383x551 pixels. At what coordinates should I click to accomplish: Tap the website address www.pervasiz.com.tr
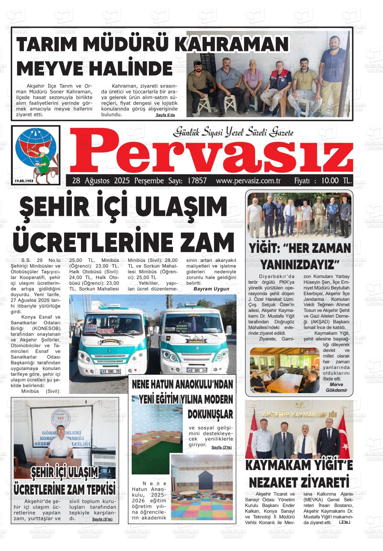[x=248, y=181]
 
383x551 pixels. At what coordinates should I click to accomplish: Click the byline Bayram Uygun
[x=211, y=289]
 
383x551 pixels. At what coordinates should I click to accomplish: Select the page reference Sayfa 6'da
[x=165, y=115]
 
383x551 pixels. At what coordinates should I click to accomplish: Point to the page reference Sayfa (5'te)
[x=102, y=519]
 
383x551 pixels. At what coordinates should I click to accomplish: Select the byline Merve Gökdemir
[x=336, y=387]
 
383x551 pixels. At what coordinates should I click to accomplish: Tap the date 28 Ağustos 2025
[x=98, y=181]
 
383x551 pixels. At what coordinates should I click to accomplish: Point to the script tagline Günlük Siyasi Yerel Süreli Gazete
[x=233, y=133]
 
